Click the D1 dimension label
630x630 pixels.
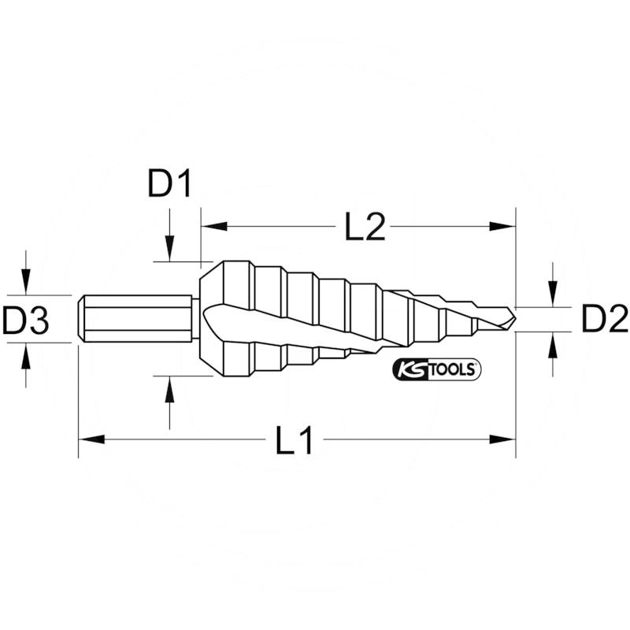(170, 186)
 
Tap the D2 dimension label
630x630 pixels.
(604, 320)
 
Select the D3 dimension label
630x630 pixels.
(25, 320)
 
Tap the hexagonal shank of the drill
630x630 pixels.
(137, 319)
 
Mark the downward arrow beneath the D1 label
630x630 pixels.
(169, 248)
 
